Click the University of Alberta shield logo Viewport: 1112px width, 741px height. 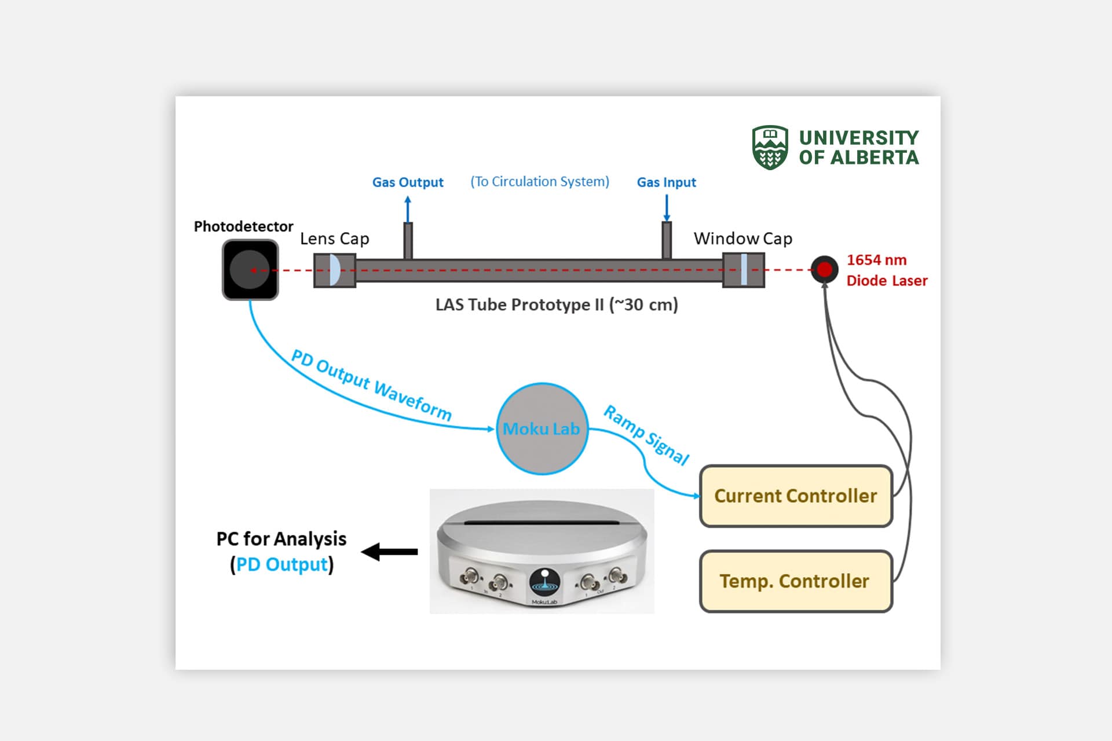pos(769,148)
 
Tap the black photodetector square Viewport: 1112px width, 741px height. pos(250,270)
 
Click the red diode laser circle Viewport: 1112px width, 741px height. pos(824,269)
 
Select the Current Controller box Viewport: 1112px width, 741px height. pos(796,496)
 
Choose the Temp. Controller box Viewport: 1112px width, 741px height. pos(796,581)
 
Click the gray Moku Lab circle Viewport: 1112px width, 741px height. pos(542,429)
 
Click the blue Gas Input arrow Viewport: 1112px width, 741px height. pos(667,208)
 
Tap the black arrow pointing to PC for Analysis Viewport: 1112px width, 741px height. pos(390,552)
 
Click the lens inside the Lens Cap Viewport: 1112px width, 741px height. pos(334,270)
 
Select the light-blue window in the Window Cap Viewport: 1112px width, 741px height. pos(744,270)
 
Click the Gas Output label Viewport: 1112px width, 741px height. pos(408,182)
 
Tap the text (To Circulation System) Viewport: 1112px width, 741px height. pos(539,182)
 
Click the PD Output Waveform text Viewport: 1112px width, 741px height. pos(371,385)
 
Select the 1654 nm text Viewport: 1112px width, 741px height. pos(876,260)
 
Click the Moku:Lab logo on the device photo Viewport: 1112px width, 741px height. pos(544,582)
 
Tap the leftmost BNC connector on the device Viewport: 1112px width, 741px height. pos(469,577)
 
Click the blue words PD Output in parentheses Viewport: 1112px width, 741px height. pos(282,564)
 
